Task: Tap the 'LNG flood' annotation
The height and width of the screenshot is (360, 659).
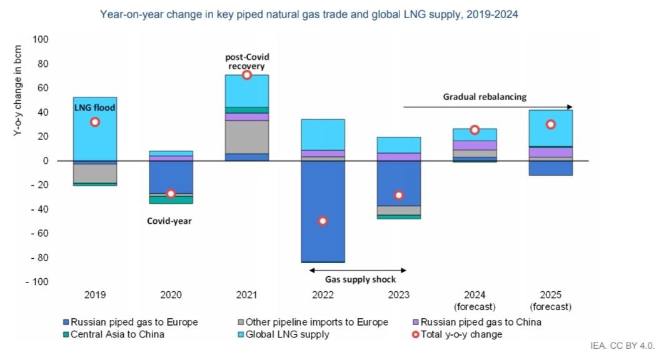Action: [94, 107]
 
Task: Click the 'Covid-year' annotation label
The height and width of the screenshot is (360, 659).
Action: [169, 221]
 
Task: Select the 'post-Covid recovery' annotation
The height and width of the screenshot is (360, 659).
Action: [247, 61]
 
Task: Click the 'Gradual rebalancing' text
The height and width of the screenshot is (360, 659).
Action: [485, 97]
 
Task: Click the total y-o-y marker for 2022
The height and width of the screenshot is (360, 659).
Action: [323, 221]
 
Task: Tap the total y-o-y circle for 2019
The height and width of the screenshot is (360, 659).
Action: [94, 122]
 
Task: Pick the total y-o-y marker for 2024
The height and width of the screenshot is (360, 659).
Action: [475, 129]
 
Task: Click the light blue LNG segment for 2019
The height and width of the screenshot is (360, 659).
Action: [94, 137]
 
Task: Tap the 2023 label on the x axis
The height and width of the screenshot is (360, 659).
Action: [398, 295]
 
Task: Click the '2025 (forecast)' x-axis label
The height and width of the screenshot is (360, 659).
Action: [550, 301]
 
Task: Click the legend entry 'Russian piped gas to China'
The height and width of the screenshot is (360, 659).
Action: [480, 322]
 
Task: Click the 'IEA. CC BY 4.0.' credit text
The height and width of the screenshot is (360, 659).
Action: [621, 345]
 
